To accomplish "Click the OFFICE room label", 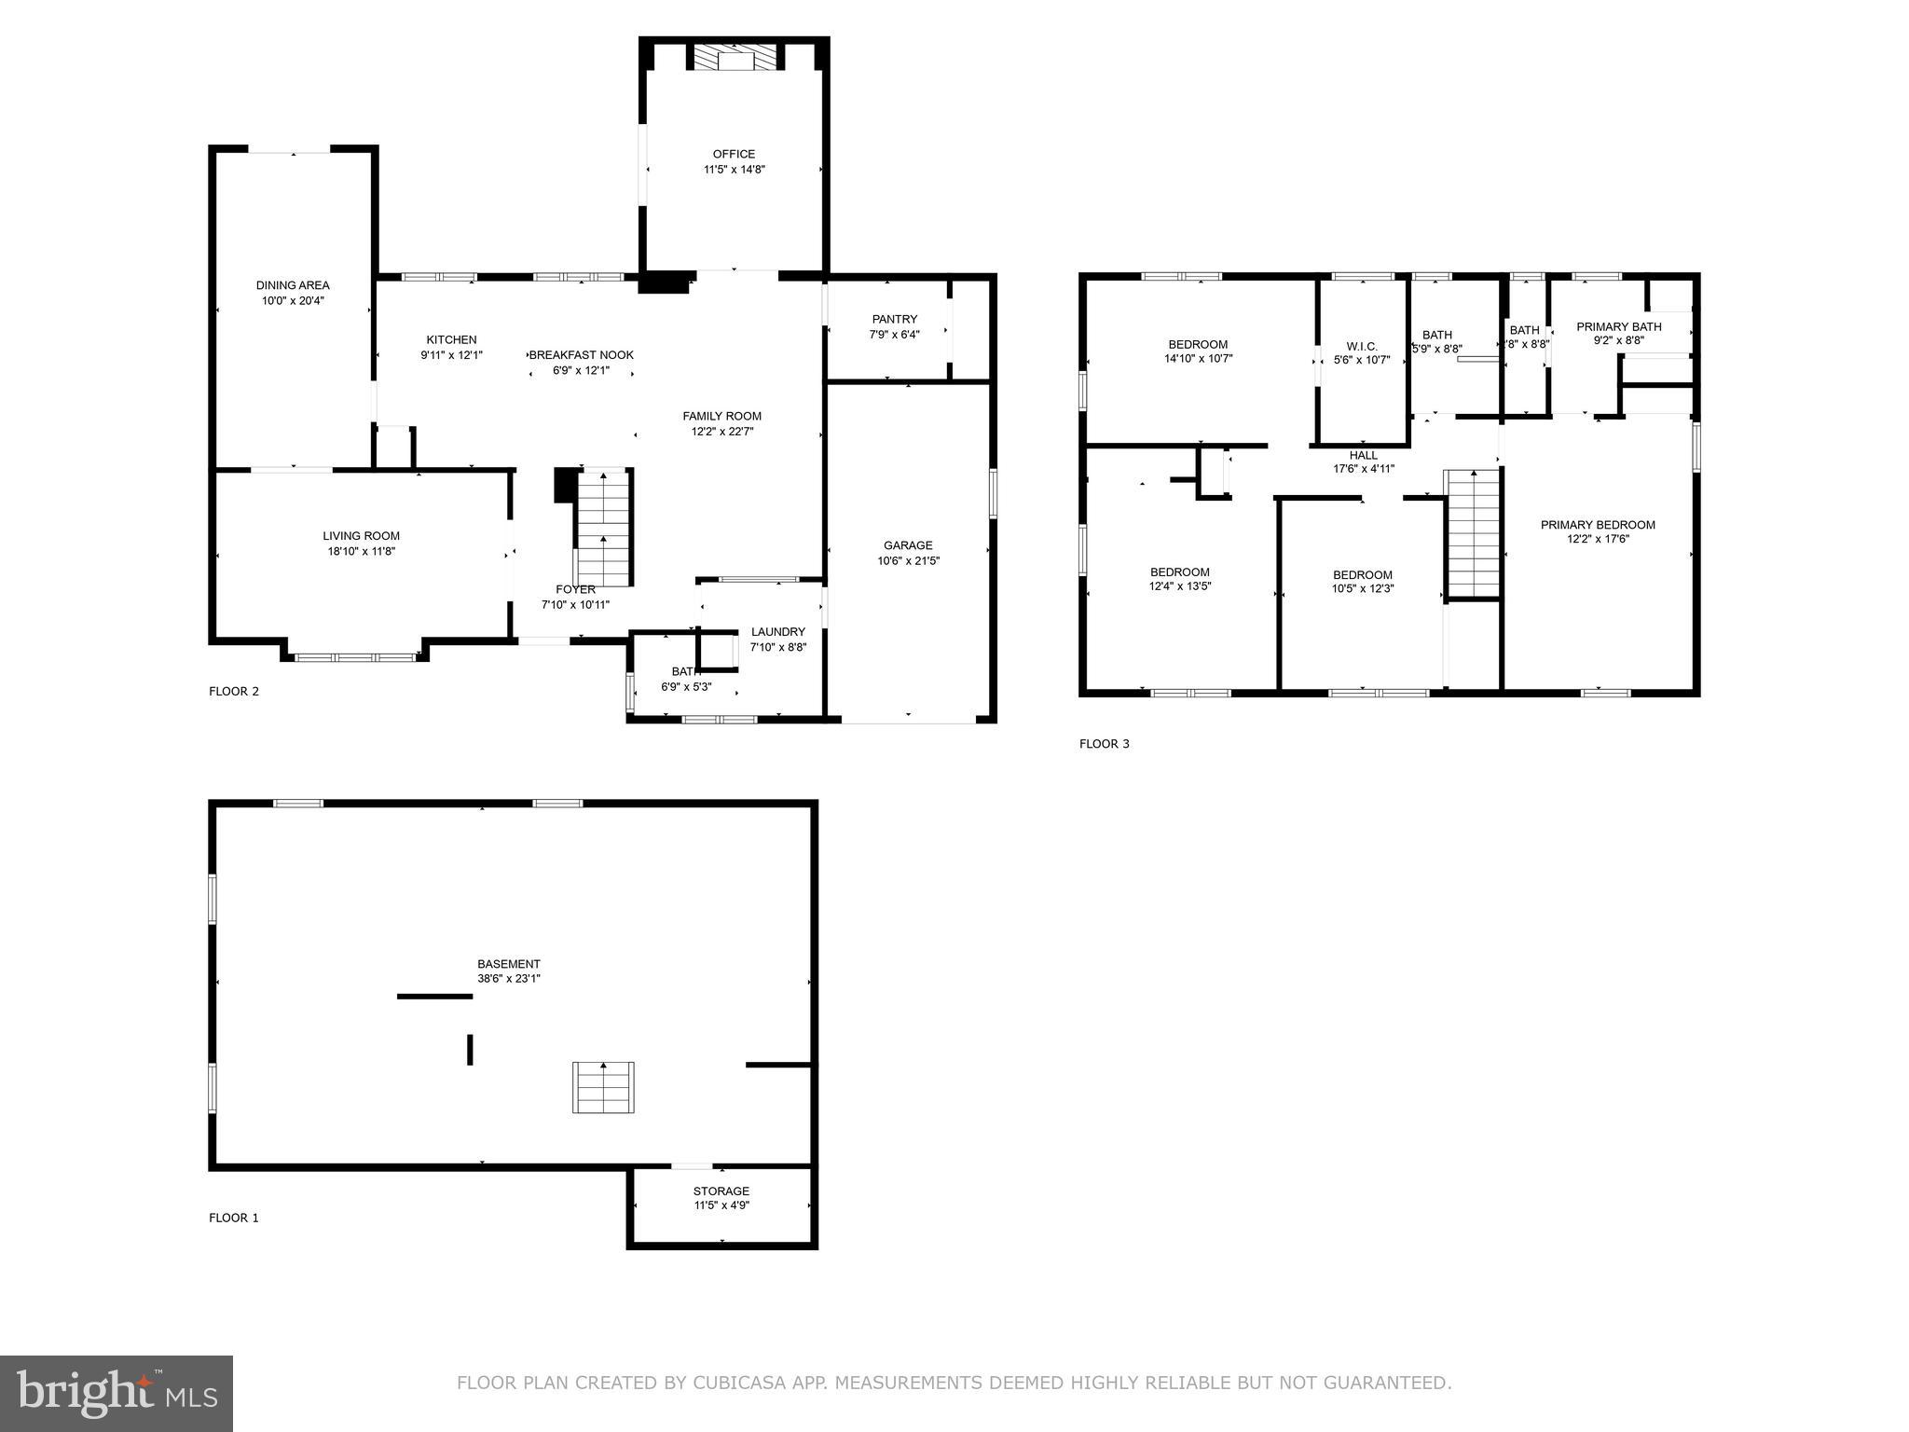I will pos(734,154).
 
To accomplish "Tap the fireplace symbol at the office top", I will pos(734,59).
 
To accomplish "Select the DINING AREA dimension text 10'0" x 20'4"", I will pos(293,300).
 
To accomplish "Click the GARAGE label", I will pos(908,545).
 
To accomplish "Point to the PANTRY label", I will pos(894,319).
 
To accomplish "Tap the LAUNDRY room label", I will pos(777,632).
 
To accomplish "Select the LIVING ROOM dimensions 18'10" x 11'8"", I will pos(361,551).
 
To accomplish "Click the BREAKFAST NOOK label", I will pos(582,355).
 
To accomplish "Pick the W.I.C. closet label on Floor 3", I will pos(1361,346).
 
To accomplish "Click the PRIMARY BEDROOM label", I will pos(1597,525).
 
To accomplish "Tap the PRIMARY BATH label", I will pos(1618,326).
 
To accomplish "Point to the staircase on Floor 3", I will pos(1472,533).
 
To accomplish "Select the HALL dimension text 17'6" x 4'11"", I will pos(1363,469).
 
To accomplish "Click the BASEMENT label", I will pos(508,964).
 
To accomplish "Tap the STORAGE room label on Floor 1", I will pos(721,1191).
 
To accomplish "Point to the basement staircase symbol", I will pos(603,1087).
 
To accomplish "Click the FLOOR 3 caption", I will pos(1104,744).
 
